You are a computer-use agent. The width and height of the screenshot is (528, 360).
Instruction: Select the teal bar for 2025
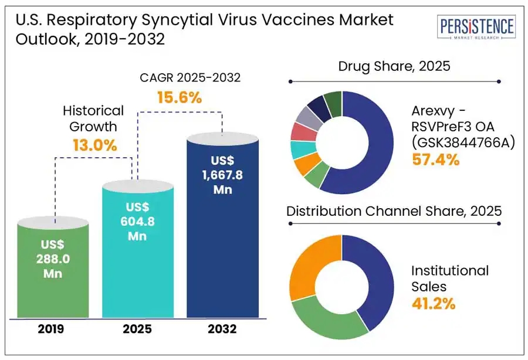(x=138, y=252)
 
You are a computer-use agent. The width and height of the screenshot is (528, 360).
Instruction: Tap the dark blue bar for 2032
(x=222, y=229)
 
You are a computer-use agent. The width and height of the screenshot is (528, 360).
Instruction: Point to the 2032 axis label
(x=222, y=329)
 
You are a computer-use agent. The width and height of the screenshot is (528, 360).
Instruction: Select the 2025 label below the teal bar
(x=137, y=329)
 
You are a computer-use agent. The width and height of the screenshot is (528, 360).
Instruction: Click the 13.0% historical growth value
(x=94, y=145)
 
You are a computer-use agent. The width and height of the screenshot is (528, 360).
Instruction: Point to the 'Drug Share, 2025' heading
(x=394, y=66)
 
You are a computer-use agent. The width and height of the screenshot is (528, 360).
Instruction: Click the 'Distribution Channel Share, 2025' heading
(x=394, y=210)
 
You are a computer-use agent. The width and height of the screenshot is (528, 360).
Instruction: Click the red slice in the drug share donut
(x=300, y=131)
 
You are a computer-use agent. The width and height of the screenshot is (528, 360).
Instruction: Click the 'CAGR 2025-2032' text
(x=179, y=77)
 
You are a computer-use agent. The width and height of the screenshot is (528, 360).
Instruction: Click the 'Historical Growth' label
(x=93, y=118)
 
